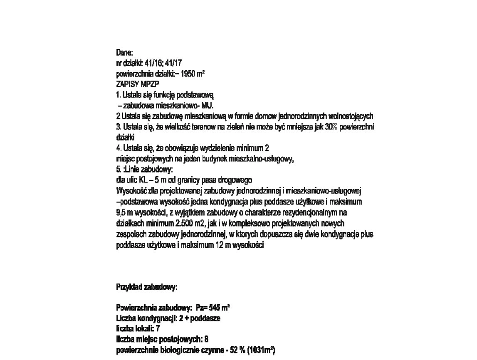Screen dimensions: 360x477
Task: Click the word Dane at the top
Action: tap(124, 53)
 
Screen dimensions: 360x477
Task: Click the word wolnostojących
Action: tap(351, 116)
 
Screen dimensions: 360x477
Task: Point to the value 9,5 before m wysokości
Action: tap(121, 213)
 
